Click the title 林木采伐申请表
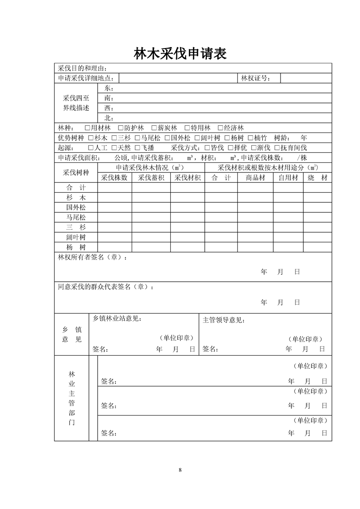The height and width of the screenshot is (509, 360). point(180,54)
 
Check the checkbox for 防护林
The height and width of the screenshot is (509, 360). point(120,128)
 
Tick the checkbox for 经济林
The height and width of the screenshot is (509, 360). point(220,128)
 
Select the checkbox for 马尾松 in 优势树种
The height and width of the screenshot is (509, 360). point(138,138)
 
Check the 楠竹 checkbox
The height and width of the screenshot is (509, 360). point(250,138)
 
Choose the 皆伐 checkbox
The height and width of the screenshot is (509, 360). point(207,148)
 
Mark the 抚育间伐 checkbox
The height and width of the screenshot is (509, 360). point(276,148)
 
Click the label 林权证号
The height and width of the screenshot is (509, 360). point(256,78)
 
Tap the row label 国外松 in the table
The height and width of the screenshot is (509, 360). point(76,207)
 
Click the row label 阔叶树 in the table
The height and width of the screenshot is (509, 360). point(76,237)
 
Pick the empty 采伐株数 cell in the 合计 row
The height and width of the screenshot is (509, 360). point(115,188)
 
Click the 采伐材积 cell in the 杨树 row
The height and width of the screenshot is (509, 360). point(187,247)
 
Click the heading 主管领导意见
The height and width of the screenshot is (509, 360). point(224,320)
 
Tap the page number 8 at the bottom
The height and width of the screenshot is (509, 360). point(180,470)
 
